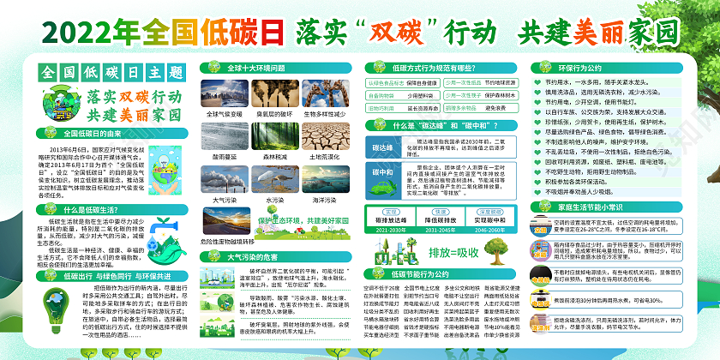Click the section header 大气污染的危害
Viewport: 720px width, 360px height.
[249, 256]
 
